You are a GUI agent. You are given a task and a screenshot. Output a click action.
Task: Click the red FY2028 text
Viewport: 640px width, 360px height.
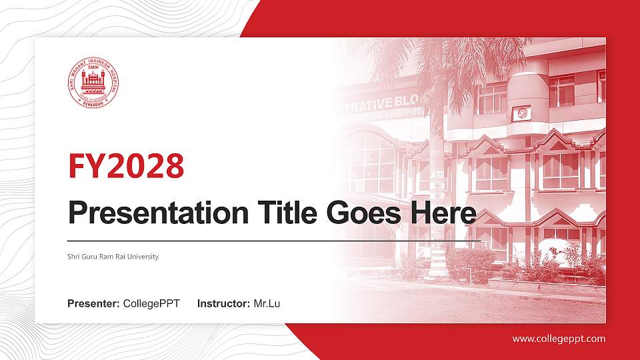pos(126,166)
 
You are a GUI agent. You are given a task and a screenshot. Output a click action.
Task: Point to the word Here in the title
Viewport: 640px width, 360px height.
pos(444,213)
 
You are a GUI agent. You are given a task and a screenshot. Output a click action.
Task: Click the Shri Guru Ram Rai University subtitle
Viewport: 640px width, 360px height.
pos(113,257)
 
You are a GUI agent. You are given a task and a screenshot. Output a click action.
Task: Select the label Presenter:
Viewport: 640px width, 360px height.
pos(93,304)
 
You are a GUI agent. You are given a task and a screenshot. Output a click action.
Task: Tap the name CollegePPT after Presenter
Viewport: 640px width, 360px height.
pos(151,304)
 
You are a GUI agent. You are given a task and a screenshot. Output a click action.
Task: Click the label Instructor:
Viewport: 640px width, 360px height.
pos(224,304)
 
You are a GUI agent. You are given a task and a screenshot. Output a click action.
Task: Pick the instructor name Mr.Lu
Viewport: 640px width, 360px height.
pos(267,304)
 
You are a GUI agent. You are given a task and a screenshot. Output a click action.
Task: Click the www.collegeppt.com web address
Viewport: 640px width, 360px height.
pos(559,339)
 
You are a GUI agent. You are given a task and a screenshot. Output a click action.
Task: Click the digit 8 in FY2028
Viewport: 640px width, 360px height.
pos(174,166)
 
